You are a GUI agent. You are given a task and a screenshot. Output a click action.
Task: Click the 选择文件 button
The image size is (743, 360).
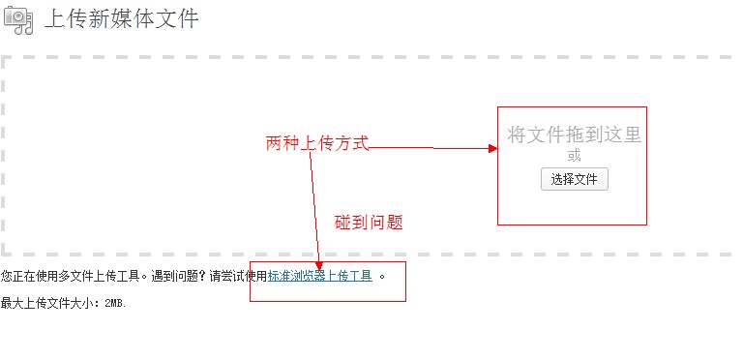[x=574, y=179]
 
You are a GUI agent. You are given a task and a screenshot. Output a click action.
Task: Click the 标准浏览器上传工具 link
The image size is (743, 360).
[x=320, y=276]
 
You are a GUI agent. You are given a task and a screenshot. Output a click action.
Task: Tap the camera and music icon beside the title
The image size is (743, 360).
[x=17, y=18]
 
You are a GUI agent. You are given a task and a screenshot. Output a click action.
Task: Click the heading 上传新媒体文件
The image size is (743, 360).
[x=122, y=18]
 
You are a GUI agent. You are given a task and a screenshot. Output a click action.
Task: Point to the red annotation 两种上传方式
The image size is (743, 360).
[x=317, y=143]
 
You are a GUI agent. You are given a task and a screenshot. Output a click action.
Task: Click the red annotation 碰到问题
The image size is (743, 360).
[x=369, y=223]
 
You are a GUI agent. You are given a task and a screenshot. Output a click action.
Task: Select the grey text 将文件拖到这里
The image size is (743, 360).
[x=575, y=135]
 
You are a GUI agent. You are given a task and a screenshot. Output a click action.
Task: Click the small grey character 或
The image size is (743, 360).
[x=575, y=156]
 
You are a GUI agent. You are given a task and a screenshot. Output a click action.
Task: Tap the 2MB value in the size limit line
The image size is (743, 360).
[x=115, y=303]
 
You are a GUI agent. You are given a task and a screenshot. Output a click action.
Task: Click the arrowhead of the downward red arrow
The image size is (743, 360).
[x=319, y=264]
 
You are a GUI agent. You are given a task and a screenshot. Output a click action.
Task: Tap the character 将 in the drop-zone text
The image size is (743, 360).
[x=518, y=135]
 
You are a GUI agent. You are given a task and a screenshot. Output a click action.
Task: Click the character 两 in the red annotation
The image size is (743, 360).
[x=274, y=143]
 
